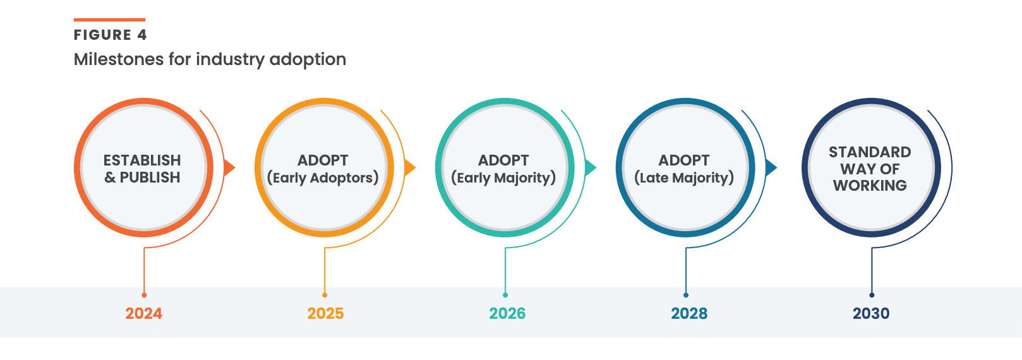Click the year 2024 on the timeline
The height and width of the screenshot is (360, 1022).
(x=144, y=313)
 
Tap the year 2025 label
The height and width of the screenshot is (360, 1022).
(x=325, y=313)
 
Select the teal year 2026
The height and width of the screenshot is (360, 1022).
(x=507, y=313)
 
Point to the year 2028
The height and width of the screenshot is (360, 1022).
(x=689, y=313)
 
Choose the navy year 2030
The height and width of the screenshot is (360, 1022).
(x=871, y=313)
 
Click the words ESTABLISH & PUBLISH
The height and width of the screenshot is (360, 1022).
(x=142, y=169)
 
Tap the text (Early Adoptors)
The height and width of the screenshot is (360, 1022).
(x=323, y=177)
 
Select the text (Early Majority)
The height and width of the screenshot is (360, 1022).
(x=503, y=177)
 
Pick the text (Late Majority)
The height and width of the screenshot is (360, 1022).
(x=684, y=177)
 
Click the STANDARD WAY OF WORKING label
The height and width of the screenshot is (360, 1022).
(x=870, y=169)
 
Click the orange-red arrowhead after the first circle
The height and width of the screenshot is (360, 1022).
(x=229, y=168)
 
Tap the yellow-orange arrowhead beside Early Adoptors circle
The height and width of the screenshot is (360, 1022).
(x=410, y=168)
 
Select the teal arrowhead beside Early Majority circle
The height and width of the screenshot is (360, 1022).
(x=591, y=168)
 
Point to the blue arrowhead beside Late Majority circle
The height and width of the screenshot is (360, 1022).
(x=771, y=168)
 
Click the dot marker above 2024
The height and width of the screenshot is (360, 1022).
(x=144, y=295)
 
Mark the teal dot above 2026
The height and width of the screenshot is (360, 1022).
(x=505, y=295)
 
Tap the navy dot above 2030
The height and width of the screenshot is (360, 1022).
(x=872, y=295)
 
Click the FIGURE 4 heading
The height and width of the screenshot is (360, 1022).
(x=111, y=35)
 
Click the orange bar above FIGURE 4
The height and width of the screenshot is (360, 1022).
(x=109, y=20)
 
